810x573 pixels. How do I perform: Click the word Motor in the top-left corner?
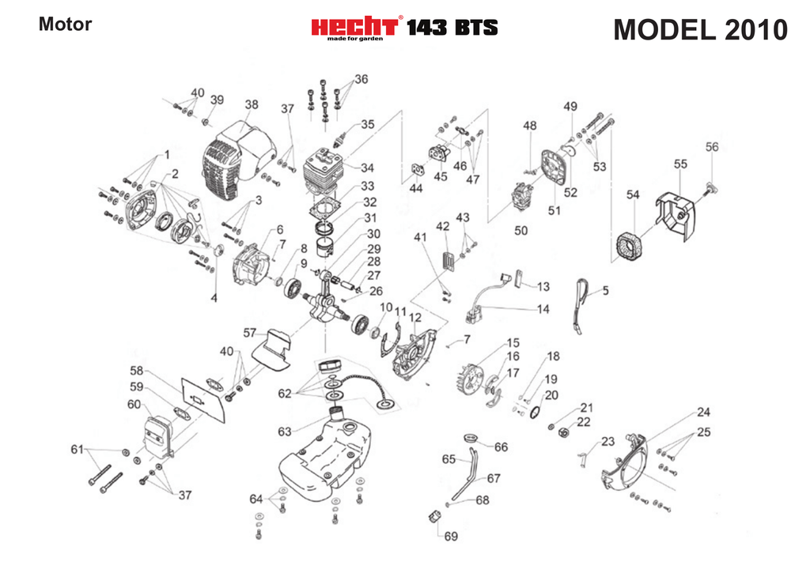point(65,24)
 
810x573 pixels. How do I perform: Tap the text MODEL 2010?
point(700,29)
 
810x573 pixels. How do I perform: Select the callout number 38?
point(252,104)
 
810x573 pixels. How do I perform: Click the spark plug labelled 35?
point(342,138)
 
